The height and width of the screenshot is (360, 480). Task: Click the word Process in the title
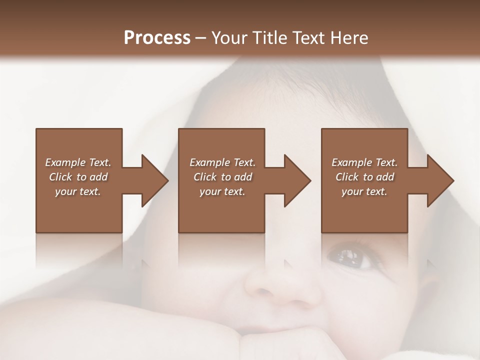157,38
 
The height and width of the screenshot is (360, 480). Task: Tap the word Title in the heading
268,38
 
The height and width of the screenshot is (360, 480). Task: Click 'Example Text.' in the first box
78,162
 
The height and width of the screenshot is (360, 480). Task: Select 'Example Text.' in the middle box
222,162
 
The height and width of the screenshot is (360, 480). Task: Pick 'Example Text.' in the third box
364,162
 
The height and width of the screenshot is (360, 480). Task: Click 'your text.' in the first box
78,191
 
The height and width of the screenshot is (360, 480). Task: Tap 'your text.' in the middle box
222,191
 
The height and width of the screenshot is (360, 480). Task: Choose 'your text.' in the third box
364,191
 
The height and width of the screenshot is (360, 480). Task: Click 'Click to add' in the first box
78,177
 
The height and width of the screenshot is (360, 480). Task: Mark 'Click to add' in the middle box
222,177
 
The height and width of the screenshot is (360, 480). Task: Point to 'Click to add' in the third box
364,177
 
